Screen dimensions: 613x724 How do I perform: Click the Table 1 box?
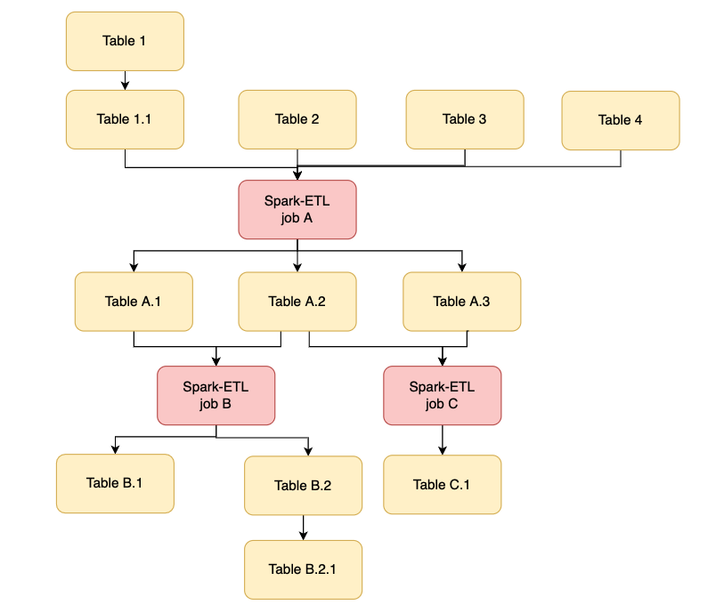[125, 41]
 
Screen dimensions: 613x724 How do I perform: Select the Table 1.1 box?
[125, 119]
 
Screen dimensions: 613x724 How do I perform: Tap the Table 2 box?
[297, 119]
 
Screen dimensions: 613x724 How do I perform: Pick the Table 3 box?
[465, 119]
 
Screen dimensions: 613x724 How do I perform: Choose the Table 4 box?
[620, 120]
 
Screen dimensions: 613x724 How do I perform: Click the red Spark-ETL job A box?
[297, 210]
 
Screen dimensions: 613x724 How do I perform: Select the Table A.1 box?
[134, 302]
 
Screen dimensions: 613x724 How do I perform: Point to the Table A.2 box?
[297, 302]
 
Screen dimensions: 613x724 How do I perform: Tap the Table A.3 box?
[461, 302]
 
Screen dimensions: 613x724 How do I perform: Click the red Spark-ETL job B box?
[216, 395]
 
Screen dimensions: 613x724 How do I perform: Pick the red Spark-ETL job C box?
[442, 395]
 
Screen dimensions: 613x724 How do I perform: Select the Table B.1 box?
[115, 483]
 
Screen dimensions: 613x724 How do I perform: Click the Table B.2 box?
[303, 486]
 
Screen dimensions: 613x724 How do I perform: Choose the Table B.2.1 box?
[303, 569]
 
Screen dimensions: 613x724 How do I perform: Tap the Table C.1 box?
[442, 485]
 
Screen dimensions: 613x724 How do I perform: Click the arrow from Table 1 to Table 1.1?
[125, 80]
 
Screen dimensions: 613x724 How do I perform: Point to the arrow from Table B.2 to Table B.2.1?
[303, 528]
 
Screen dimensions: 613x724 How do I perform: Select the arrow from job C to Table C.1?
[442, 440]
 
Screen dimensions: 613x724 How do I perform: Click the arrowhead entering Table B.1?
[115, 449]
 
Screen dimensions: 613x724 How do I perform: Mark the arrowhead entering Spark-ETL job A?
[297, 176]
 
